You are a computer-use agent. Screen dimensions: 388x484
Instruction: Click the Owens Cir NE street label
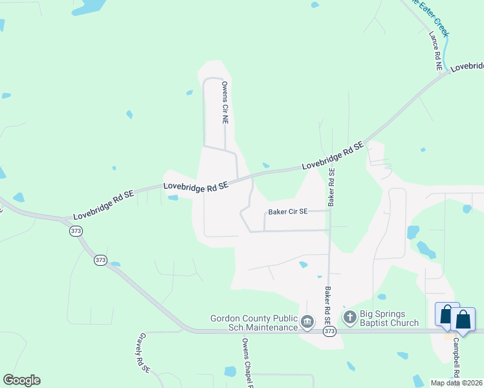[225, 102]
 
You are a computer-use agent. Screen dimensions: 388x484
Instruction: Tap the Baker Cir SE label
[288, 211]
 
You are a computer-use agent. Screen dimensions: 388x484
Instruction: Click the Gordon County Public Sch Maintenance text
[253, 323]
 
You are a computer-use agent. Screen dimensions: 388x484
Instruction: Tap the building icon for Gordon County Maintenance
[308, 321]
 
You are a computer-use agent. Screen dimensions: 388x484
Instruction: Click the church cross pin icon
[349, 317]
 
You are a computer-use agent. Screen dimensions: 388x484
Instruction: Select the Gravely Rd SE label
[143, 353]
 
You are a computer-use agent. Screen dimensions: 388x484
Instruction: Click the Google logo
[21, 380]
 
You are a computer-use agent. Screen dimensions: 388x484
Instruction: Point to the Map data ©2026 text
[456, 383]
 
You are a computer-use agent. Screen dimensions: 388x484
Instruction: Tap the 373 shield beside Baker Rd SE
[329, 331]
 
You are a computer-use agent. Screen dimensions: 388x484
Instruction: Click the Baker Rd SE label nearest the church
[328, 306]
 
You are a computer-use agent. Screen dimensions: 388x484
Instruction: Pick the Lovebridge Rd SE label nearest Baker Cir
[196, 186]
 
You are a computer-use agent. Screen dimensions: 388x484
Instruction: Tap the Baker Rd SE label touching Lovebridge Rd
[331, 187]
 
